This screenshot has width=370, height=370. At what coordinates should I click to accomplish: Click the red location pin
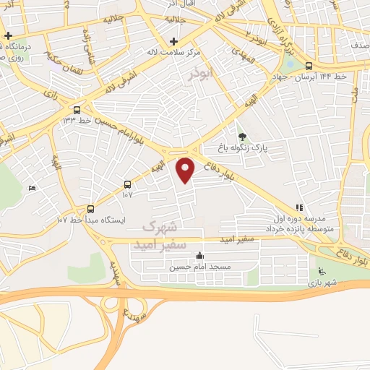point(186,169)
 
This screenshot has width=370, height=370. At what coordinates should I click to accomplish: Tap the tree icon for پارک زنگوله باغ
point(242,135)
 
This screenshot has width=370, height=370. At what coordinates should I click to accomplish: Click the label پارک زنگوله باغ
point(244,147)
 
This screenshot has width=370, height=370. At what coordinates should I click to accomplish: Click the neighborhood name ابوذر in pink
point(205,74)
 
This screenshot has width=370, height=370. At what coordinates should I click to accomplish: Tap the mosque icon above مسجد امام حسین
point(199,255)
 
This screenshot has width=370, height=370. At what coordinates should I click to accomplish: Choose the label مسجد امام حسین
point(200,267)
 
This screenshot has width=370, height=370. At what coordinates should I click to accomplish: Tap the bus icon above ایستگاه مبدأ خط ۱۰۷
point(90,208)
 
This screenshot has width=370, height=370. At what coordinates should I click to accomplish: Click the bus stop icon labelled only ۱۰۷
point(128,184)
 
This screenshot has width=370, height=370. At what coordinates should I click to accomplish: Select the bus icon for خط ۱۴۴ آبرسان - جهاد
point(309,65)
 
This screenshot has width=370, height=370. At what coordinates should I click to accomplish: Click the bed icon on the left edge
point(31,189)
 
